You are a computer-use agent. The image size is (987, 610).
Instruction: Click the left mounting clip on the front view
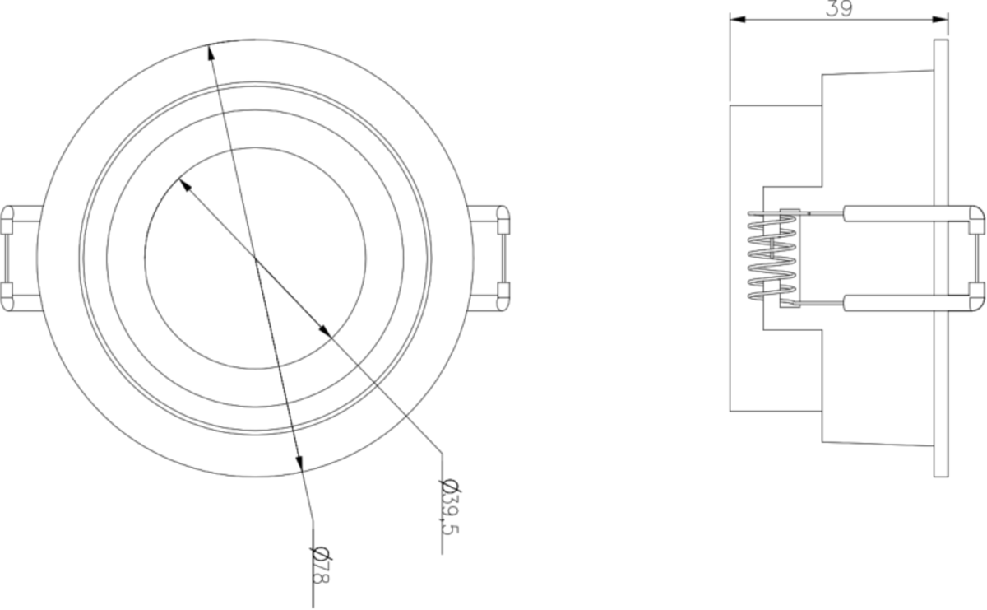(x=18, y=257)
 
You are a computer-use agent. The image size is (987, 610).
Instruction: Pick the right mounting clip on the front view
(x=492, y=257)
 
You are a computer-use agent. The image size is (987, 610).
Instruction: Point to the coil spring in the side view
(x=772, y=254)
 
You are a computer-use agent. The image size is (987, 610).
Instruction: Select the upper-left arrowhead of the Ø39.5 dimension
(x=184, y=184)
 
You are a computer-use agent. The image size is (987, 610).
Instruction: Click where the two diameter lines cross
(x=255, y=258)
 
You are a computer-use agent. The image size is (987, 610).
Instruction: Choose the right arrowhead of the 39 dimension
(x=943, y=20)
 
